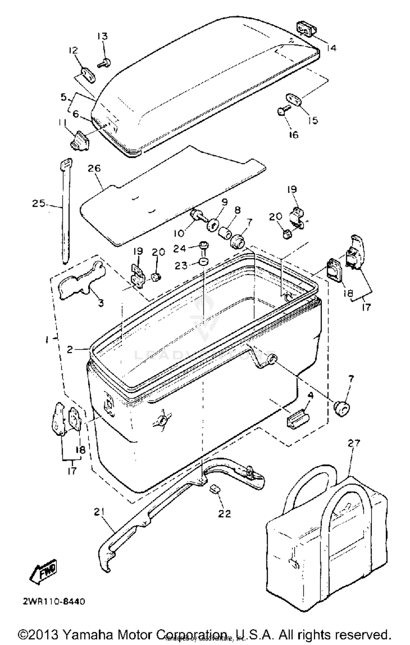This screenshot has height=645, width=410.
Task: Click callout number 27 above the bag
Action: [x=354, y=442]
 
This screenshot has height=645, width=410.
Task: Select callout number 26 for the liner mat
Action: [x=94, y=168]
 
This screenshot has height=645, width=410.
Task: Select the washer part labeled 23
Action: [x=203, y=262]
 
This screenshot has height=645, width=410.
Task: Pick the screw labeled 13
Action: [x=105, y=63]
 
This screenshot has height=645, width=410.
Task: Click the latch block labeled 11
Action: [x=80, y=140]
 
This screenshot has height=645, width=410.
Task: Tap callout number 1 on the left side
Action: [x=47, y=340]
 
